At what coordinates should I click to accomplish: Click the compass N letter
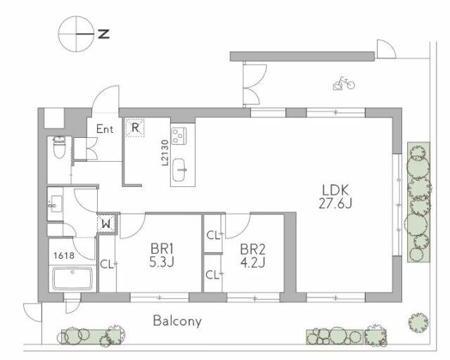pos(104,34)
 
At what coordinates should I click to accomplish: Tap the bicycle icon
pos(344,84)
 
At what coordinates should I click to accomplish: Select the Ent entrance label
pos(105,129)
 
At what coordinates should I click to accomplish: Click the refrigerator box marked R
pos(135,127)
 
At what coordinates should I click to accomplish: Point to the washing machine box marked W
pos(106,224)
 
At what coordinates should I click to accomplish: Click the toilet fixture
pos(59,147)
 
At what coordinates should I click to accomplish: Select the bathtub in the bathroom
pos(73,278)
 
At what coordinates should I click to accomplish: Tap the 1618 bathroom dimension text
pos(64,255)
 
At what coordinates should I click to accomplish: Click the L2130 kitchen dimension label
pos(165,153)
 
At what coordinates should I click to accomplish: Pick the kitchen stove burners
pos(179,136)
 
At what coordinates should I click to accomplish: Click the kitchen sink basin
pos(180,169)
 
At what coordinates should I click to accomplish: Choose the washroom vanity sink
pos(56,204)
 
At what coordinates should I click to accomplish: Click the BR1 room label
pos(162,249)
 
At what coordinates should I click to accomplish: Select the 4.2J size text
pos(252,262)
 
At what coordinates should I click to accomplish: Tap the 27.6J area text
pos(335,203)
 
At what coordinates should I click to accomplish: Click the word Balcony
pos(177,321)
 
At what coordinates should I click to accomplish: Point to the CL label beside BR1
pos(107,264)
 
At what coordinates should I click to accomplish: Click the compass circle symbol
pos(77,34)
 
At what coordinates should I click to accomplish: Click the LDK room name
pos(335,191)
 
